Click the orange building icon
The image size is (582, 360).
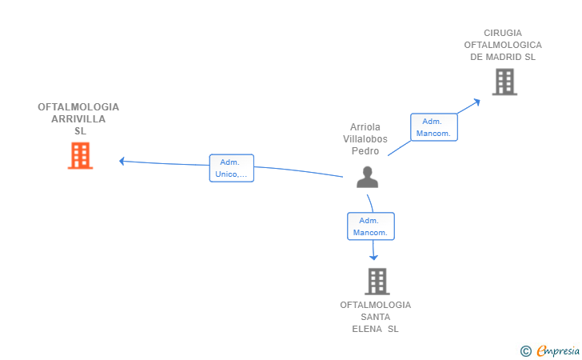(x=80, y=156)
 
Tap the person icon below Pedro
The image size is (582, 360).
(x=367, y=178)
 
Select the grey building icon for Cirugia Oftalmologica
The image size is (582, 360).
(x=504, y=82)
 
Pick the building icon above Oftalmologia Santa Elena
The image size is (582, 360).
(x=377, y=282)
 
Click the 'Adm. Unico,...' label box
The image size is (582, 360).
(x=232, y=168)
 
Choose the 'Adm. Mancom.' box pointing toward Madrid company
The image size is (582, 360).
(x=434, y=127)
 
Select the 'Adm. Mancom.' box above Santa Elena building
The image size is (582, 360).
(x=371, y=226)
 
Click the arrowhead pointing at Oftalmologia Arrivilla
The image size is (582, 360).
(x=122, y=162)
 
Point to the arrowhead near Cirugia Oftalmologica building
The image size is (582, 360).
(x=476, y=102)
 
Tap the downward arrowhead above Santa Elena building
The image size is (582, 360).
(x=374, y=257)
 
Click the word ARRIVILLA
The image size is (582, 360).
(x=78, y=119)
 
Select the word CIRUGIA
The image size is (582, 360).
(x=503, y=33)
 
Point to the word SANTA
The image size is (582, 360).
(x=376, y=317)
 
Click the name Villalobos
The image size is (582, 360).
(x=365, y=139)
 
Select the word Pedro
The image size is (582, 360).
(x=365, y=151)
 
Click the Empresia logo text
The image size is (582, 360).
(x=558, y=350)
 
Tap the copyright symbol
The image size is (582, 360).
(x=526, y=351)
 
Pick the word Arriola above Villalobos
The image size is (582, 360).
(x=365, y=127)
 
